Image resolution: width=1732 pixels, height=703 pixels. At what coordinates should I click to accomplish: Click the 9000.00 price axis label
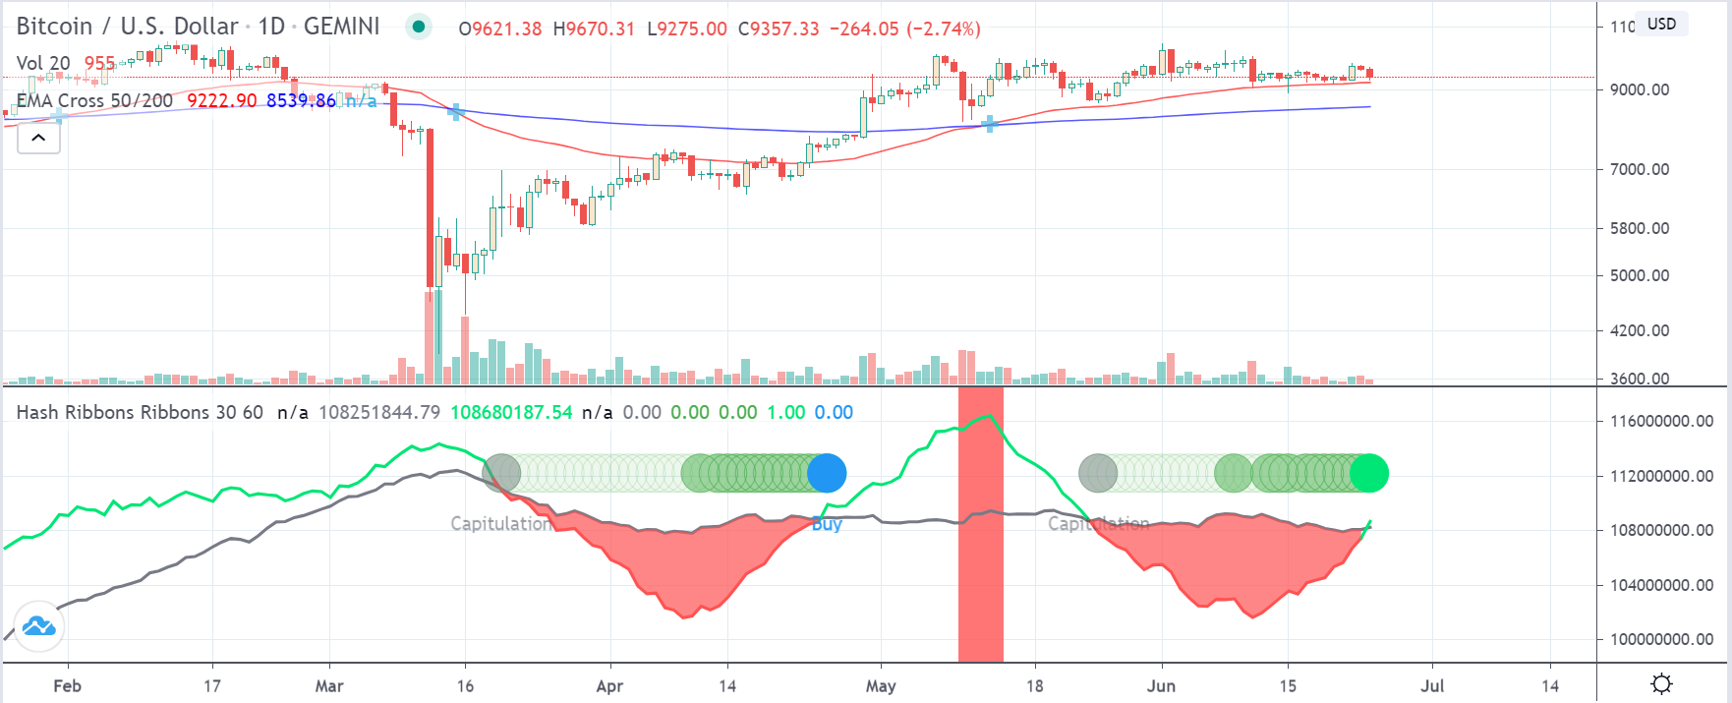coord(1639,89)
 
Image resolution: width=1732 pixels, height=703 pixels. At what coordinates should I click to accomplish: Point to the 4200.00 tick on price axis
coord(1639,330)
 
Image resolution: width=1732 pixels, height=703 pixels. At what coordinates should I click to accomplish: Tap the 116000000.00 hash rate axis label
coord(1661,421)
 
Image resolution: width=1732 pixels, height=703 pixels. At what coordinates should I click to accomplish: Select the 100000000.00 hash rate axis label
coord(1661,639)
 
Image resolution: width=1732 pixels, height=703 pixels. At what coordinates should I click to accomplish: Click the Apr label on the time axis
coord(609,686)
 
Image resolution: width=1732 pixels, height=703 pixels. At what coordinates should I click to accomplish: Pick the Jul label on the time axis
coord(1432,686)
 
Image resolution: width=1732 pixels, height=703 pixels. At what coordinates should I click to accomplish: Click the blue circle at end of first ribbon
coord(827,473)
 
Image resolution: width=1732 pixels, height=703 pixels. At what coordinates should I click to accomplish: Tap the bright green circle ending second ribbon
coord(1369,473)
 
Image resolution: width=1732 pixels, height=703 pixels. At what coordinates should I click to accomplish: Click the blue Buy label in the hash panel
coord(827,524)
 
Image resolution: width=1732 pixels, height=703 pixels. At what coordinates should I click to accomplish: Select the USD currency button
coord(1662,24)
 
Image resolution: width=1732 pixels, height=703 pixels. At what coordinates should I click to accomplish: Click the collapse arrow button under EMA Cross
coord(38,138)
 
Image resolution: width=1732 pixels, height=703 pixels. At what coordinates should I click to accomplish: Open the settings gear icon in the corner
coord(1662,684)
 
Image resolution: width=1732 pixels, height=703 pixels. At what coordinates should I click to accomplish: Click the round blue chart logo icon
coord(39,626)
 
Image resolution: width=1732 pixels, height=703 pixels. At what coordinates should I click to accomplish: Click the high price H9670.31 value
coord(594,29)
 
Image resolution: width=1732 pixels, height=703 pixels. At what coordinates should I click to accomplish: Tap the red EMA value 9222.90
coord(221,100)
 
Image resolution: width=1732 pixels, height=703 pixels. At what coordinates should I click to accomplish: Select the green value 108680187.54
coord(511,413)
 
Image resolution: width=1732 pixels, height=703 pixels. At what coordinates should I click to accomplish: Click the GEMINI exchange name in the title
coord(341,27)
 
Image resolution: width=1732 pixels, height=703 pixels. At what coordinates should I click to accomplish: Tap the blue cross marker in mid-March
coord(455,112)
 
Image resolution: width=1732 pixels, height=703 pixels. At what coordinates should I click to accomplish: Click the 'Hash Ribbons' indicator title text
coord(74,413)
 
